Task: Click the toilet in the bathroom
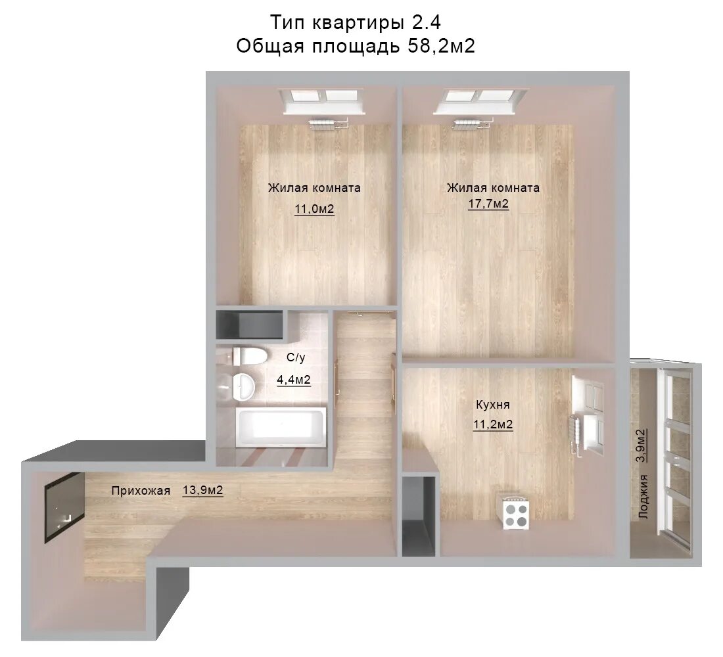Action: [x=250, y=356]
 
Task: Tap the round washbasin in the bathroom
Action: [x=243, y=386]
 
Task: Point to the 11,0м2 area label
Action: [x=314, y=209]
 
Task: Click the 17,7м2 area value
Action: [x=489, y=203]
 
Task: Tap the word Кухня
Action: [x=493, y=405]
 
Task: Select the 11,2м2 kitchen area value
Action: [x=493, y=424]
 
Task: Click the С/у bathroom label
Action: [x=296, y=357]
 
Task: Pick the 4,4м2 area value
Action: [x=294, y=380]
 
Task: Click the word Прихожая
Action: [x=141, y=491]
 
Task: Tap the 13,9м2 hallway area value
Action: [x=203, y=489]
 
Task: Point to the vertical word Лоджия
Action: [x=643, y=497]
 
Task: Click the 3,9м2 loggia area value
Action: [x=641, y=445]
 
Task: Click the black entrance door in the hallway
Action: [x=64, y=508]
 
